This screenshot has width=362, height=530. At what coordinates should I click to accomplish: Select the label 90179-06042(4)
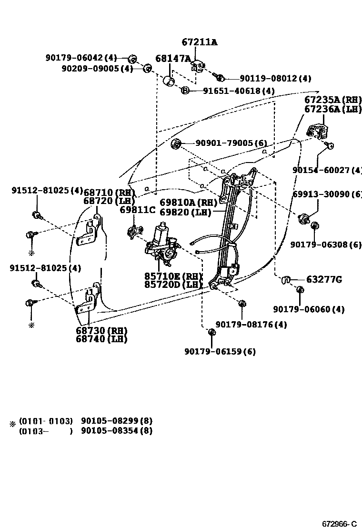click(x=81, y=58)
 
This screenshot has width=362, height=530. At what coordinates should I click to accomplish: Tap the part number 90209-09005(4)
click(x=97, y=69)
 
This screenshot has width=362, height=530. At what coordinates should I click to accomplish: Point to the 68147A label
click(x=173, y=59)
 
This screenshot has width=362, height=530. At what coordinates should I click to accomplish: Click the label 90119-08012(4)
click(x=275, y=79)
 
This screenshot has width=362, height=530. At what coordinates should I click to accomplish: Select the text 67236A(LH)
click(x=333, y=109)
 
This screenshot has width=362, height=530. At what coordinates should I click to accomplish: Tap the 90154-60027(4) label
click(x=327, y=170)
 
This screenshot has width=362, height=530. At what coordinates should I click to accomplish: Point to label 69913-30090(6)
click(x=327, y=194)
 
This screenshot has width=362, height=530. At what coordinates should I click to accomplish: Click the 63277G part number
click(x=324, y=279)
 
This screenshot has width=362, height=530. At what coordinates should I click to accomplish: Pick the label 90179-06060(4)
click(x=309, y=309)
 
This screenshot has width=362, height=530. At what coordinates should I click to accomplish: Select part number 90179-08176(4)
click(x=251, y=325)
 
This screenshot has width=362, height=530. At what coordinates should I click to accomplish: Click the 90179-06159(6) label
click(x=220, y=352)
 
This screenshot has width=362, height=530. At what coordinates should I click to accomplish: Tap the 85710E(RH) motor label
click(x=173, y=276)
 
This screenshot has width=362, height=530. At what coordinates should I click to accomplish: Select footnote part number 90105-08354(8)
click(x=117, y=431)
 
